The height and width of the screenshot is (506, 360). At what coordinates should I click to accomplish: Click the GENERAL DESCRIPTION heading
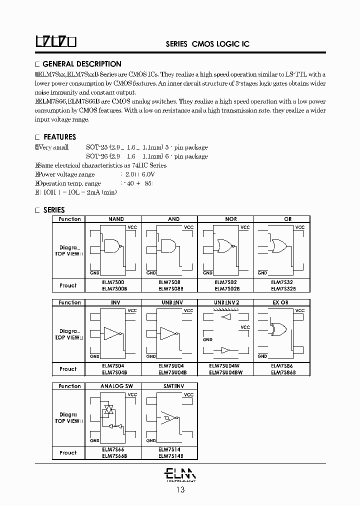[x=81, y=64]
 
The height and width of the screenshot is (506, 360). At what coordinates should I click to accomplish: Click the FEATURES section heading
[x=59, y=137]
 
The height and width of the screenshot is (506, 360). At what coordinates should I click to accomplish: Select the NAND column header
[x=116, y=219]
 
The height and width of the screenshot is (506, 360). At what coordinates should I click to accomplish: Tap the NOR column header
[x=231, y=219]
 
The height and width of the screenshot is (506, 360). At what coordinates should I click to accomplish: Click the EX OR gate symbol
[x=278, y=329]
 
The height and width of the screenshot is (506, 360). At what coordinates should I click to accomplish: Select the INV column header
[x=116, y=302]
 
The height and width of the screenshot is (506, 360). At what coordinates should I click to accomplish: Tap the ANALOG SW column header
[x=116, y=386]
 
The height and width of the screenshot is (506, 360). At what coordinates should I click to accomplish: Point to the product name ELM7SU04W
[x=224, y=366]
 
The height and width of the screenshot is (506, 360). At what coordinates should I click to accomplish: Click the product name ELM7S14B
[x=170, y=455]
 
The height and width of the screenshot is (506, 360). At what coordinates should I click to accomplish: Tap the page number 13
[x=180, y=490]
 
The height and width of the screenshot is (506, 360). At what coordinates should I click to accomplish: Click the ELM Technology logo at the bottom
[x=180, y=473]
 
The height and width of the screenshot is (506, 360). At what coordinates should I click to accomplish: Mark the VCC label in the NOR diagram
[x=245, y=227]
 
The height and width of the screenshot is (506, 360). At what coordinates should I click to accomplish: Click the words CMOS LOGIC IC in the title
[x=220, y=44]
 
